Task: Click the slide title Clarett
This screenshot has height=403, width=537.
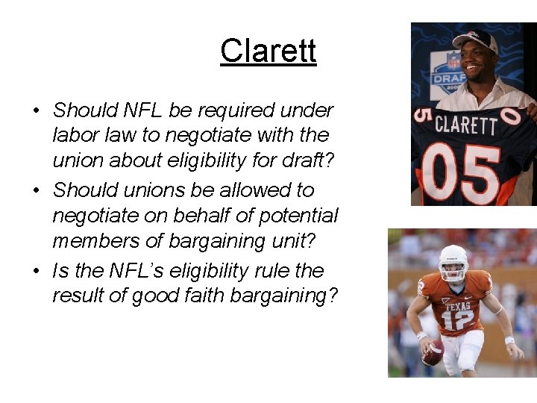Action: [268, 51]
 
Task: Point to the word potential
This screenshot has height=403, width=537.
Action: [293, 216]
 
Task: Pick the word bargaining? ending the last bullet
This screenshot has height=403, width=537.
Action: [292, 296]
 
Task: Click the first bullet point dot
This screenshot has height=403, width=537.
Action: [35, 111]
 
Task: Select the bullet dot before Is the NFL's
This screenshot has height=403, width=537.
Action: [35, 271]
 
